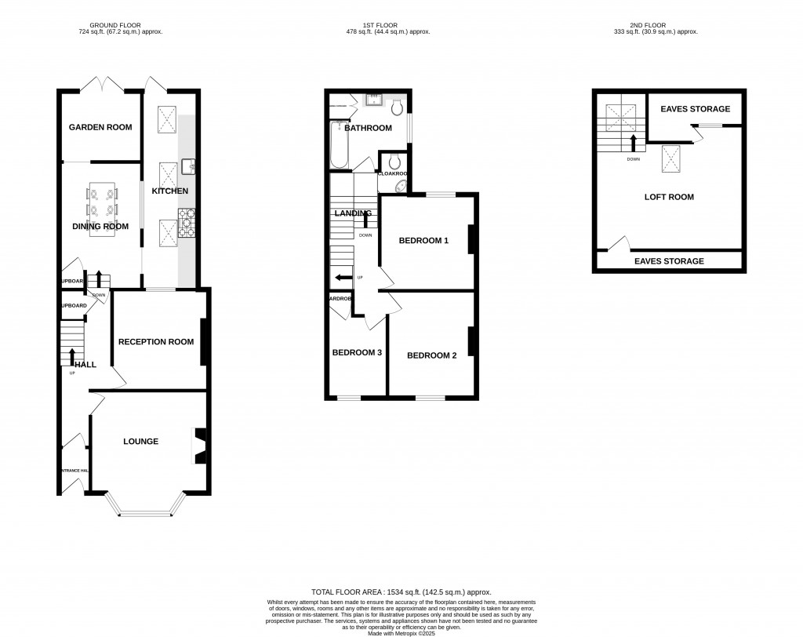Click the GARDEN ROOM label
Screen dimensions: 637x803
pyautogui.click(x=100, y=127)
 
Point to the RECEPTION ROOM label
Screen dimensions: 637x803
pyautogui.click(x=155, y=341)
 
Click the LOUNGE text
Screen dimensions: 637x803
pyautogui.click(x=140, y=442)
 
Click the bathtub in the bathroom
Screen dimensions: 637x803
pyautogui.click(x=339, y=145)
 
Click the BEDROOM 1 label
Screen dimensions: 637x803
pyautogui.click(x=423, y=241)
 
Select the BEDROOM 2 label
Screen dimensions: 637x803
pyautogui.click(x=431, y=355)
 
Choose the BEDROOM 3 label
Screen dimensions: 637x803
pyautogui.click(x=357, y=353)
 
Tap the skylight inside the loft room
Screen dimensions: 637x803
pyautogui.click(x=672, y=158)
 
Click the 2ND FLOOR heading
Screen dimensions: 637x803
pyautogui.click(x=656, y=24)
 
